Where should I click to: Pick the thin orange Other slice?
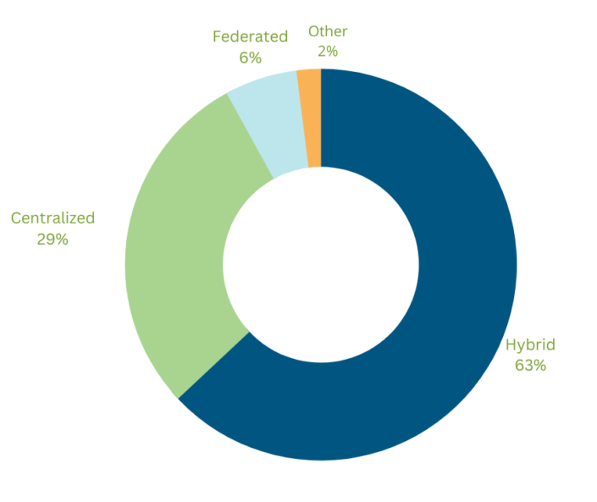coord(312,119)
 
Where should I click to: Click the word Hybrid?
coord(530,345)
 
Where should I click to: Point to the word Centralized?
coord(53,218)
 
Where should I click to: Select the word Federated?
coord(250,36)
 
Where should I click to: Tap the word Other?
coord(328,31)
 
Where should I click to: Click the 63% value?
coord(530,366)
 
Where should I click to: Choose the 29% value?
coord(53,239)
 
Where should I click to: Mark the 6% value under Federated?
coord(250,57)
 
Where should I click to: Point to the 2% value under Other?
coord(328,52)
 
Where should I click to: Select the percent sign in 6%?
coord(255,57)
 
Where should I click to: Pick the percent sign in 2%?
coord(333,52)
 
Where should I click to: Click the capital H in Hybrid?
coord(511,345)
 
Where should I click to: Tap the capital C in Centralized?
coord(16,218)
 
